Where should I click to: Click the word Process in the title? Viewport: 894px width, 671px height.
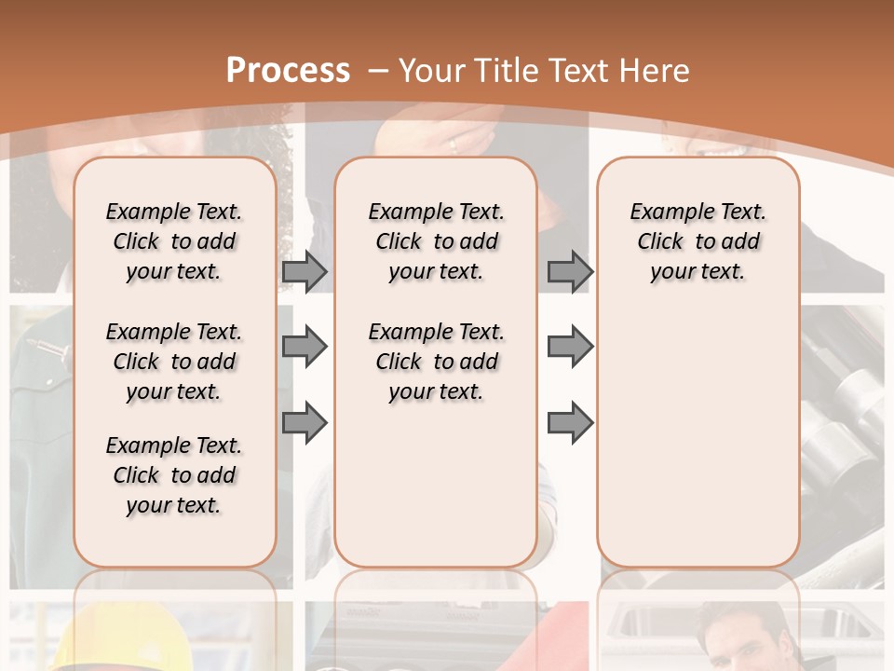288,70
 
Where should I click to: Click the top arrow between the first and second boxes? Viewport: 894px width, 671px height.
305,271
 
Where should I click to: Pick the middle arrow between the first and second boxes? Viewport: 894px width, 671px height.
305,347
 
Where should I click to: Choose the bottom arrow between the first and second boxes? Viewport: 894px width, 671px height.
305,422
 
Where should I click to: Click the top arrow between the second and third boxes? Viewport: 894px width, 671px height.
570,271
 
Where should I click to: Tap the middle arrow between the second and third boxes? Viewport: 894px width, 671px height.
570,347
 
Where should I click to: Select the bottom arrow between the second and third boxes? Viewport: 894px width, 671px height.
570,422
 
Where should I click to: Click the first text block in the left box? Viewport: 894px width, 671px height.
174,241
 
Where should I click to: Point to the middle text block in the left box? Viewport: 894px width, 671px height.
174,362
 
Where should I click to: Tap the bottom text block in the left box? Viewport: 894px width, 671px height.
174,475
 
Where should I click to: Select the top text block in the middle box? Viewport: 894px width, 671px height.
436,241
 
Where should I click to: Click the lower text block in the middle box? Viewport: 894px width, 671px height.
436,362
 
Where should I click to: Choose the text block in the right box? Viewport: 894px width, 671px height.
698,241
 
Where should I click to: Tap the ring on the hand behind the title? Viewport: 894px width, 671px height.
454,145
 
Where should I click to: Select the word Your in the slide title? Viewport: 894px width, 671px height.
433,70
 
